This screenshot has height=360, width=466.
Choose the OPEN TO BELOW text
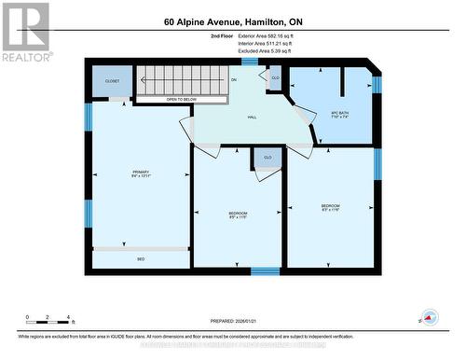tap(181, 99)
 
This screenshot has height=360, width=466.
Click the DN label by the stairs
tap(234, 81)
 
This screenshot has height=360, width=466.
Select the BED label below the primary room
tap(141, 258)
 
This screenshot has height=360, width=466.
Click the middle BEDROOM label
tap(238, 215)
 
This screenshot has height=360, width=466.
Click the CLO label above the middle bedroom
tap(267, 158)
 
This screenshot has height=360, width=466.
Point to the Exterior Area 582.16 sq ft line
tap(265, 35)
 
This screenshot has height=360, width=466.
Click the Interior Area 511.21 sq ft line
tap(265, 43)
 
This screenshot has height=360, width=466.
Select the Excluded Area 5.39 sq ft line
tap(263, 50)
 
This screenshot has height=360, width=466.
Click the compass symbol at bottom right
tap(430, 317)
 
